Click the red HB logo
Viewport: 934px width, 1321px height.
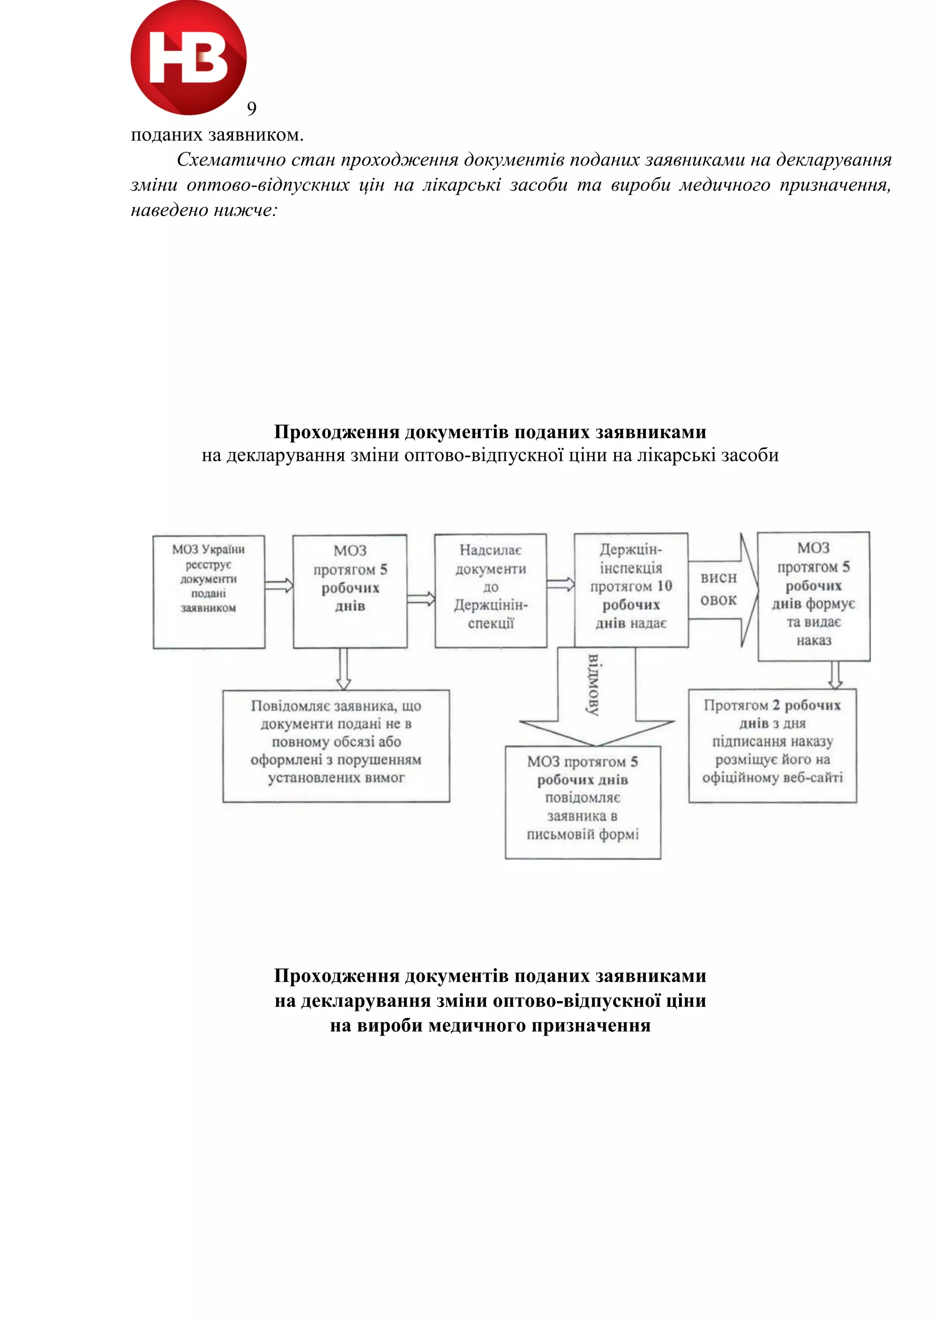(x=188, y=57)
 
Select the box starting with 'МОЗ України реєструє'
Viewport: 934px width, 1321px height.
(x=209, y=592)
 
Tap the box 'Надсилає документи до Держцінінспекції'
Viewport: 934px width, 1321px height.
(x=490, y=591)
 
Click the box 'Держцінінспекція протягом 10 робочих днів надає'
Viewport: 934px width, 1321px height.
(x=631, y=590)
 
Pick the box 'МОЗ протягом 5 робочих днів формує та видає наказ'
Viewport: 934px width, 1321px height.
(x=813, y=596)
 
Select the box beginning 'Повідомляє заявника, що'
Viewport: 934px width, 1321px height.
(x=336, y=746)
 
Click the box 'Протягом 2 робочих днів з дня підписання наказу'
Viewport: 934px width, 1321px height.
(x=772, y=745)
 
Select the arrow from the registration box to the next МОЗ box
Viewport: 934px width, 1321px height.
(x=279, y=586)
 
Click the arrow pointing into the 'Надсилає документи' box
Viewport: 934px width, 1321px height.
(x=420, y=599)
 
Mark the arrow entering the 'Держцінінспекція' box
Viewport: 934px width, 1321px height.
(x=560, y=584)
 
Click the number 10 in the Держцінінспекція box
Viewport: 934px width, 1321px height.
(x=664, y=586)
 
